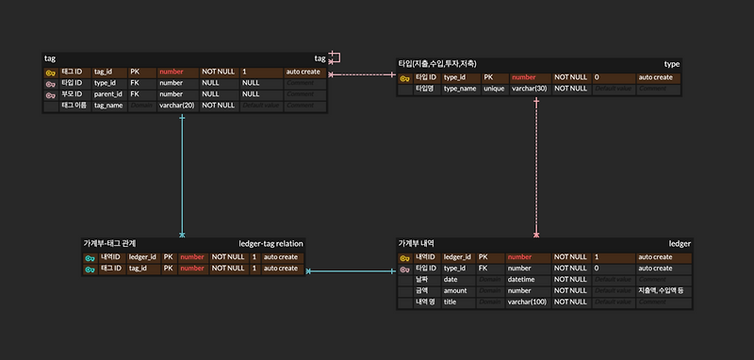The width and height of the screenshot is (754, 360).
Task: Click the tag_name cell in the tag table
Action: (108, 106)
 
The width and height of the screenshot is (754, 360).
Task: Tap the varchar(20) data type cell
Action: (176, 106)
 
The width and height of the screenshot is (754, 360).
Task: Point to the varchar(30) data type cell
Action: (529, 89)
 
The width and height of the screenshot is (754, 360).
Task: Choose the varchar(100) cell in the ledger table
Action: (527, 302)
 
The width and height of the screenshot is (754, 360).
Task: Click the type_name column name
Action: (460, 89)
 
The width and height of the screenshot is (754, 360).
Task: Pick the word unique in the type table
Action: (494, 89)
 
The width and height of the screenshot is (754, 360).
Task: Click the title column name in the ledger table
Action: (451, 302)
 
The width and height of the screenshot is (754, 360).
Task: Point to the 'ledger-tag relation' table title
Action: (270, 243)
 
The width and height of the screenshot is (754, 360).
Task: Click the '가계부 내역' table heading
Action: (418, 243)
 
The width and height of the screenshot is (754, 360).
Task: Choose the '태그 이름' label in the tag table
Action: (73, 106)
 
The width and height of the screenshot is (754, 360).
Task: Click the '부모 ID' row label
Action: (72, 94)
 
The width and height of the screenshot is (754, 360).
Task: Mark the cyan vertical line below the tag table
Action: (182, 174)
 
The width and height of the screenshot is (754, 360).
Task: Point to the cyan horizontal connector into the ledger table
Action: (349, 271)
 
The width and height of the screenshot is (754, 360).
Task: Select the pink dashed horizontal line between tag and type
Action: (363, 74)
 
